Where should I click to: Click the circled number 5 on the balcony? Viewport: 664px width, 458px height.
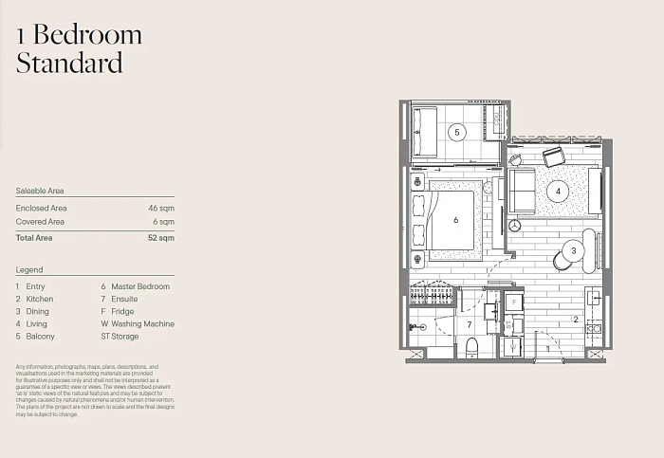click(x=457, y=132)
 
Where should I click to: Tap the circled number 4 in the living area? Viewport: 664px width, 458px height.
click(x=558, y=192)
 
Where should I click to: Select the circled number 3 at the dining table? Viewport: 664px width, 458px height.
click(x=574, y=250)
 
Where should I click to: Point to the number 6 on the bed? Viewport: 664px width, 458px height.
click(x=455, y=220)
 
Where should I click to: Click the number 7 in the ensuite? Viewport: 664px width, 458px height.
click(x=470, y=324)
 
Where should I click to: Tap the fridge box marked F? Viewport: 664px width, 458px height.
click(x=514, y=302)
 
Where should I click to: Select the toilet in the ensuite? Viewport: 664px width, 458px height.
click(x=471, y=348)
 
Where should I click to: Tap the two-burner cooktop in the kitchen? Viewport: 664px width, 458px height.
click(x=594, y=328)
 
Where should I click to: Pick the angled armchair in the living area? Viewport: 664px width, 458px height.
click(x=553, y=157)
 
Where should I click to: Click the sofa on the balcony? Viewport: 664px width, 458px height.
click(x=425, y=132)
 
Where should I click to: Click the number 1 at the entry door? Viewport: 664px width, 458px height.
click(x=548, y=349)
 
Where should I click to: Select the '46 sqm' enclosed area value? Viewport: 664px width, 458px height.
click(x=161, y=209)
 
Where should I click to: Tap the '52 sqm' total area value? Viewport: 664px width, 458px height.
click(x=161, y=238)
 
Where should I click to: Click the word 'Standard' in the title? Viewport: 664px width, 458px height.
click(x=69, y=63)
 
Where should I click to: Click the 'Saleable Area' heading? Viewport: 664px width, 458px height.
click(x=40, y=191)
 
